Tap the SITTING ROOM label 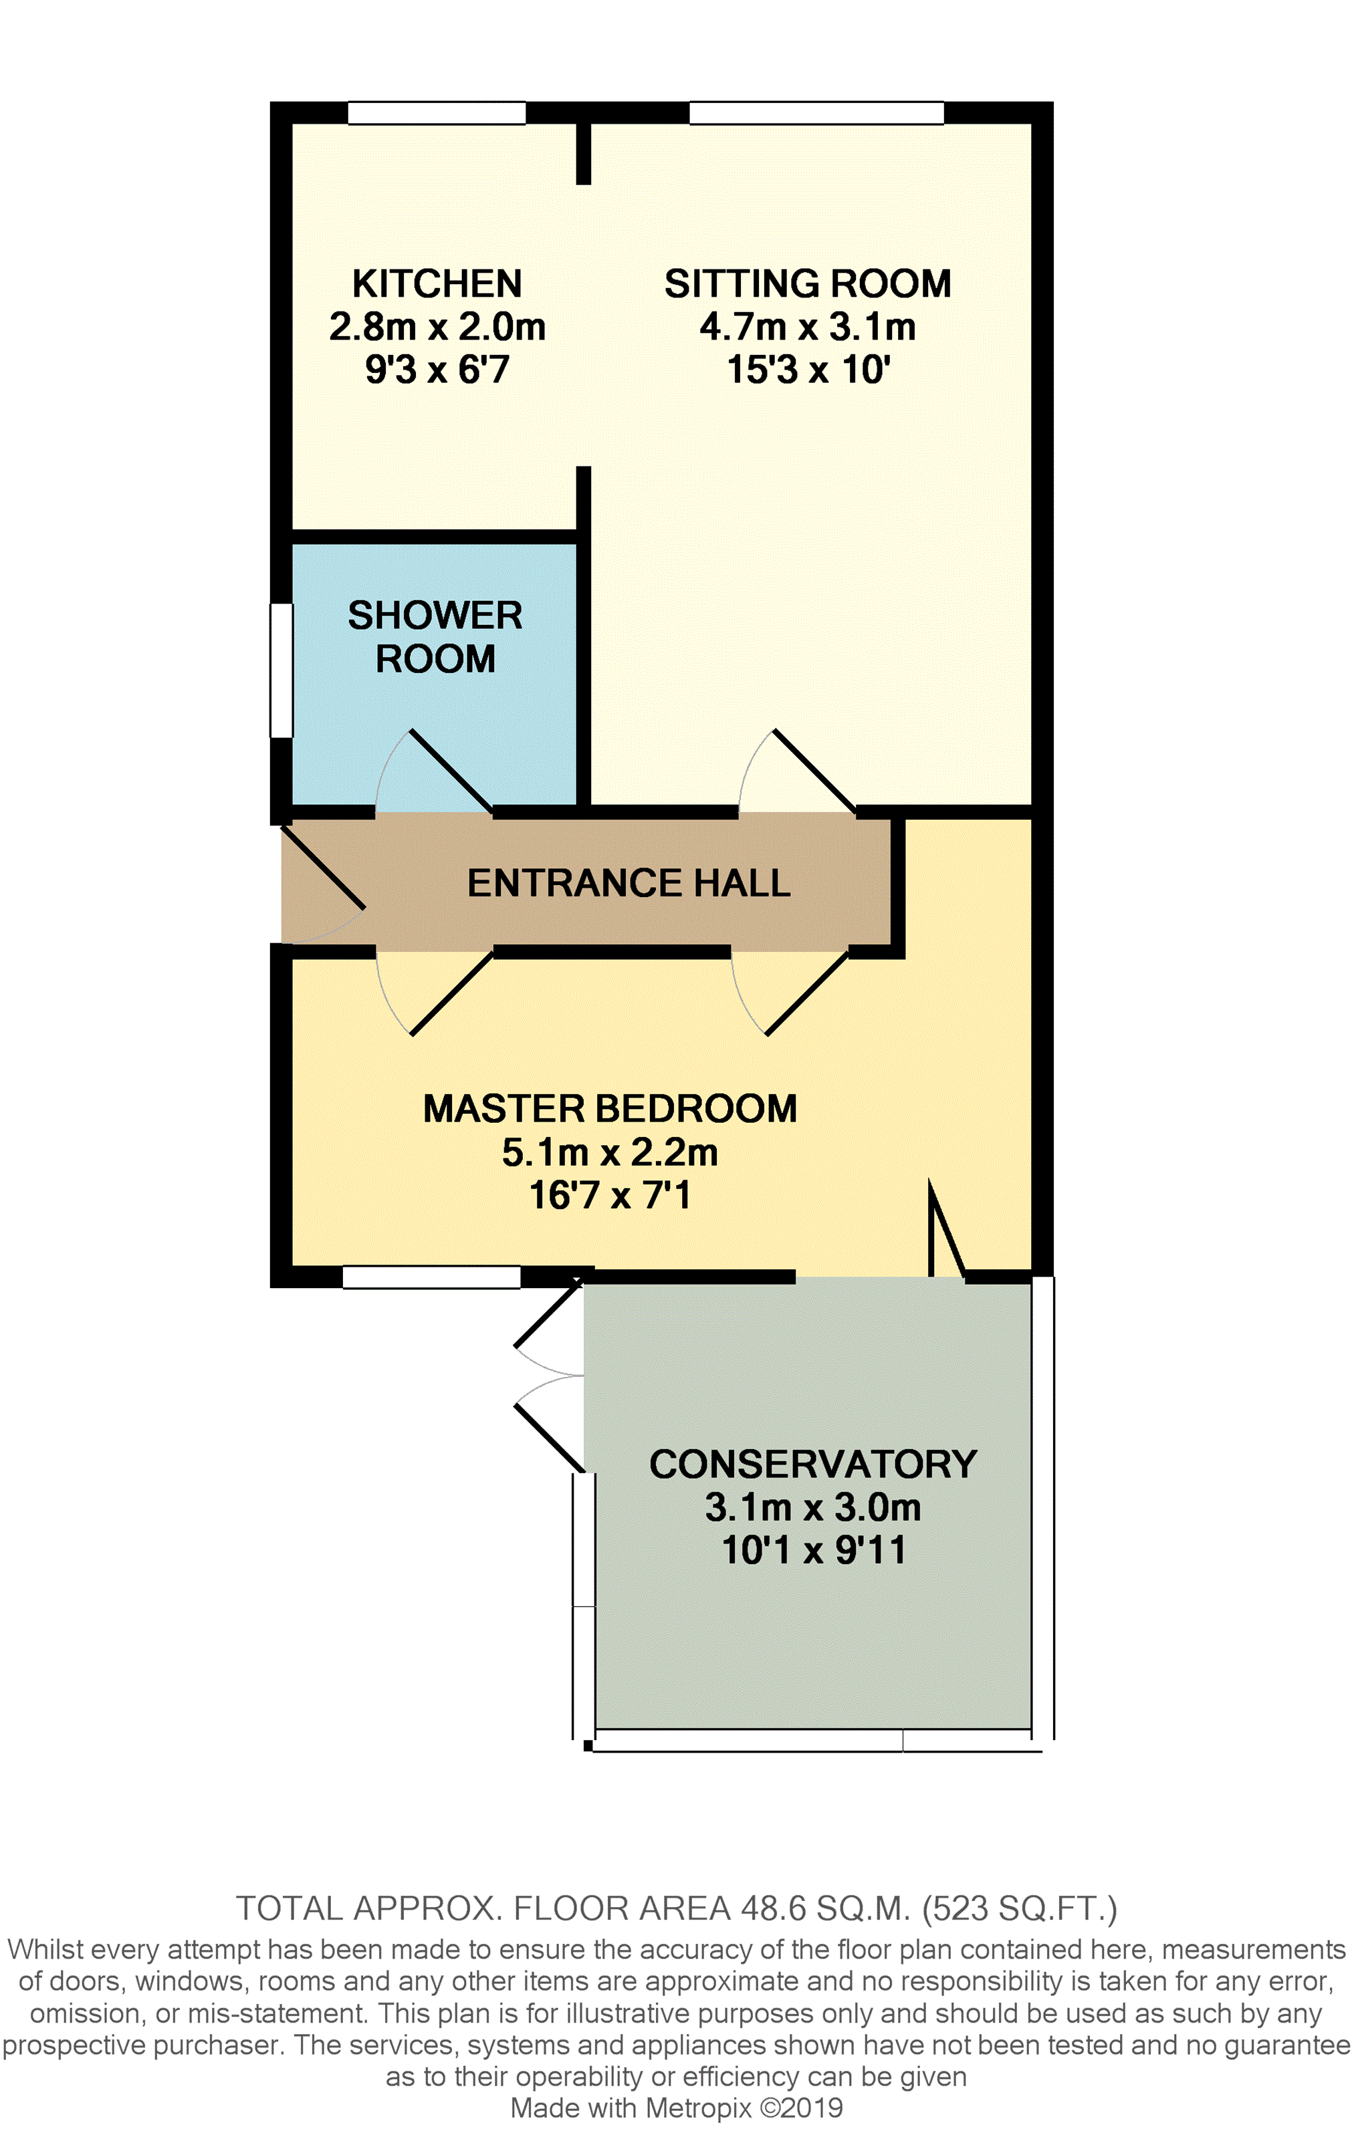pyautogui.click(x=808, y=283)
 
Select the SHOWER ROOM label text pyautogui.click(x=435, y=636)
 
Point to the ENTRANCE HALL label pyautogui.click(x=629, y=883)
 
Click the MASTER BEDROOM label pyautogui.click(x=610, y=1108)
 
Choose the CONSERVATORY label pyautogui.click(x=813, y=1464)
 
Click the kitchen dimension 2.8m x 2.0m pyautogui.click(x=437, y=327)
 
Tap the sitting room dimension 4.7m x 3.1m pyautogui.click(x=808, y=327)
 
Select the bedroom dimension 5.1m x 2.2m pyautogui.click(x=610, y=1152)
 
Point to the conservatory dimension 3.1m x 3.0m pyautogui.click(x=813, y=1507)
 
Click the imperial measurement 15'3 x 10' pyautogui.click(x=808, y=370)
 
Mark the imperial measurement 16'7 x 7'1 pyautogui.click(x=610, y=1195)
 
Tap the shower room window pyautogui.click(x=281, y=670)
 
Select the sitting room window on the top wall pyautogui.click(x=816, y=112)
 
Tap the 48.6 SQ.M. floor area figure pyautogui.click(x=826, y=1908)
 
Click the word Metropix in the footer pyautogui.click(x=699, y=2108)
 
